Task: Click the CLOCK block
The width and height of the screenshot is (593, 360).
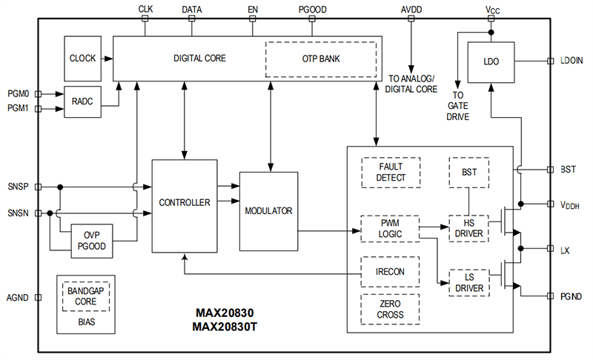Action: click(82, 58)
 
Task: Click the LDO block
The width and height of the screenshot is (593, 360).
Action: click(491, 63)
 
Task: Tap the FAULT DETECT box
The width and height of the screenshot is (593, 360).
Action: click(391, 173)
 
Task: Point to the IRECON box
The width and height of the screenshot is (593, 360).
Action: click(391, 271)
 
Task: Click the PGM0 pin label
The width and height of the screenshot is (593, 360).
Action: click(19, 94)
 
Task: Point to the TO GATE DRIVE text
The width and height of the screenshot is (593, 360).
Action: click(457, 106)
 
